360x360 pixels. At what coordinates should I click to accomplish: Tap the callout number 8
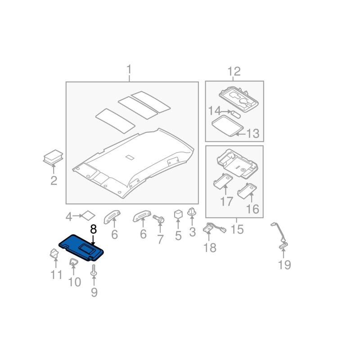tap(93, 229)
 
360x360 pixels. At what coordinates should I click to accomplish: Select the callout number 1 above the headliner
tap(129, 70)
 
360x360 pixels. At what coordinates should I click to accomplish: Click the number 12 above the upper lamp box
tap(234, 71)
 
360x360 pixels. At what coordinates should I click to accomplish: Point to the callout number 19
tap(284, 265)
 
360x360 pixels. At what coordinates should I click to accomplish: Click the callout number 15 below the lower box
tap(237, 229)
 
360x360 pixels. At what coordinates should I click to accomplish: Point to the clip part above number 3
tap(192, 211)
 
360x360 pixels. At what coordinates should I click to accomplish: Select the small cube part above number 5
tap(178, 213)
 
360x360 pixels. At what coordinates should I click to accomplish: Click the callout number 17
tap(227, 201)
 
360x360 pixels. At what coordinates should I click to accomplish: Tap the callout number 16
tap(253, 209)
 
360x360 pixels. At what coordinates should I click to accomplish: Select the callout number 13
tap(253, 134)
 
